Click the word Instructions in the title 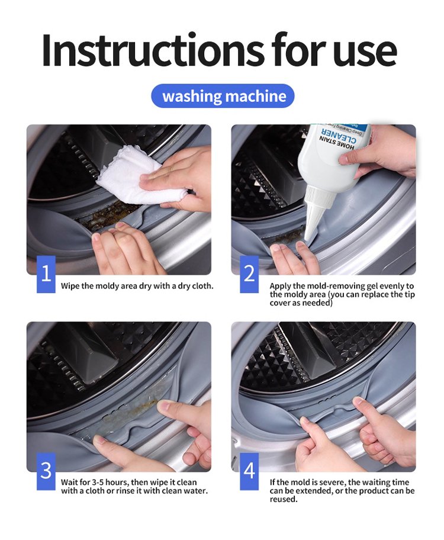pos(154,50)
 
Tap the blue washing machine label pos(223,96)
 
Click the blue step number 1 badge pos(46,274)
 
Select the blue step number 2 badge pos(249,274)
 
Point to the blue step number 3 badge pos(46,471)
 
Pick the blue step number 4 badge pos(249,471)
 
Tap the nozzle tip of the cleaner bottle pos(307,239)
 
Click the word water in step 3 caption pos(197,491)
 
